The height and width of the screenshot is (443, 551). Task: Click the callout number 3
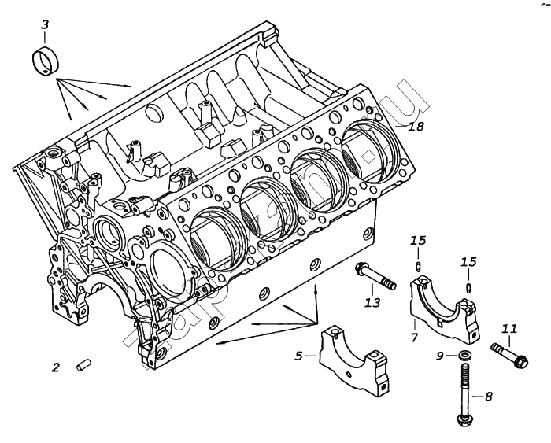coord(45,25)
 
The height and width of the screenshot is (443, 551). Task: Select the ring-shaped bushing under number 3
coord(46,61)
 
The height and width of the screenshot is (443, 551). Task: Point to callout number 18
coord(416,126)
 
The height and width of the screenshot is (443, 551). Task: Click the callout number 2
coord(55,367)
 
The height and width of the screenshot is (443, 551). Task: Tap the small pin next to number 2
coord(84,365)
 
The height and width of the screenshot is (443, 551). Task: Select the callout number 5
coord(299,356)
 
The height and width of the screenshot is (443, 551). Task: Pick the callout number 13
coord(372,303)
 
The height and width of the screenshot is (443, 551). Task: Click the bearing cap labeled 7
coord(445,307)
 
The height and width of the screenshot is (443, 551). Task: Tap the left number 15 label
coord(418,240)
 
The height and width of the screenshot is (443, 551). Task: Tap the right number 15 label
coord(468,261)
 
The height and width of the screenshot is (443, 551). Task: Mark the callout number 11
coord(509,328)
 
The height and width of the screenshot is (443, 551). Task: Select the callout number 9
coord(441,356)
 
